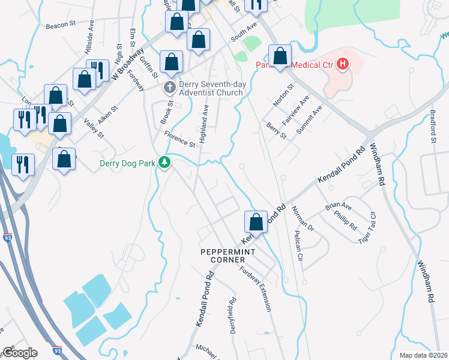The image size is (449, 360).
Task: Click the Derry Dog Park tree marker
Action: coord(164,163)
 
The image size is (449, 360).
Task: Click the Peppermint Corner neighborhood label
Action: coord(223,255)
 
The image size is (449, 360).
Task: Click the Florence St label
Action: coord(180,140)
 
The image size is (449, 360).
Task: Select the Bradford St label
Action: coord(432,127)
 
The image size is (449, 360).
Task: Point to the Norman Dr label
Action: coord(303,218)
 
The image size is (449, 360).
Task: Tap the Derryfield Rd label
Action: coord(233,314)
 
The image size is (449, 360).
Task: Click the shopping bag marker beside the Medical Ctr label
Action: coord(280,56)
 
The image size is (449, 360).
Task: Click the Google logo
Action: coord(19,353)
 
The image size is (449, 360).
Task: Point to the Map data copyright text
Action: coord(423,355)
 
